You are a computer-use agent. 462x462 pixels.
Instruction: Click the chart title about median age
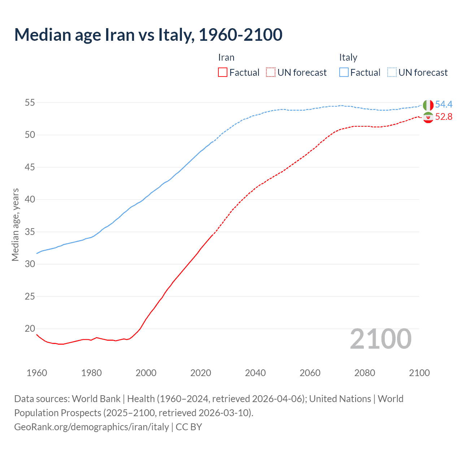pyautogui.click(x=148, y=35)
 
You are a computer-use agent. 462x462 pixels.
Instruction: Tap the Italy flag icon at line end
pyautogui.click(x=428, y=105)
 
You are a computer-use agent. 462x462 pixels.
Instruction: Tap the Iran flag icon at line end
pyautogui.click(x=428, y=117)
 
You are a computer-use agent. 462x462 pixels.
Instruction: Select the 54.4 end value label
pyautogui.click(x=444, y=105)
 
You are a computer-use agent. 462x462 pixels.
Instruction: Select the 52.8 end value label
pyautogui.click(x=444, y=117)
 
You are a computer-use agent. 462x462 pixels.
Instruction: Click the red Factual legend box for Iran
pyautogui.click(x=223, y=73)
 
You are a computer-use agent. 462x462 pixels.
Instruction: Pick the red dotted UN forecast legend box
pyautogui.click(x=271, y=73)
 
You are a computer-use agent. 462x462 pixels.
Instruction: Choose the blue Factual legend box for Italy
pyautogui.click(x=344, y=73)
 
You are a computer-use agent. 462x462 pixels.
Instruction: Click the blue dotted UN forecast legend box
pyautogui.click(x=392, y=73)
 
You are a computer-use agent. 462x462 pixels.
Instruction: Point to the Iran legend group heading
pyautogui.click(x=226, y=58)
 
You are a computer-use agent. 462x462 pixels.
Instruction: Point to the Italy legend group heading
pyautogui.click(x=348, y=58)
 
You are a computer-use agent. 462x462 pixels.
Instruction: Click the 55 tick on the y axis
pyautogui.click(x=30, y=103)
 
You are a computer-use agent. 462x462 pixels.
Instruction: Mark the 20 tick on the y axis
pyautogui.click(x=30, y=329)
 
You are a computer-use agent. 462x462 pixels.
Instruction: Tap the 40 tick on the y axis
pyautogui.click(x=30, y=200)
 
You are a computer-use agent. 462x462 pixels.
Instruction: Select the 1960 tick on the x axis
pyautogui.click(x=37, y=373)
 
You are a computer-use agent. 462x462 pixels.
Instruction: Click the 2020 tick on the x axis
pyautogui.click(x=201, y=373)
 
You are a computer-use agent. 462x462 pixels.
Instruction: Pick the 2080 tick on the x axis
pyautogui.click(x=365, y=373)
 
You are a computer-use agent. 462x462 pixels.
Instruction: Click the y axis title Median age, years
pyautogui.click(x=15, y=225)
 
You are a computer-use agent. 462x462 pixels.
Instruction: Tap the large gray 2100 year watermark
pyautogui.click(x=380, y=339)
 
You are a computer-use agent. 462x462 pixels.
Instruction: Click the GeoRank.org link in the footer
pyautogui.click(x=91, y=427)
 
